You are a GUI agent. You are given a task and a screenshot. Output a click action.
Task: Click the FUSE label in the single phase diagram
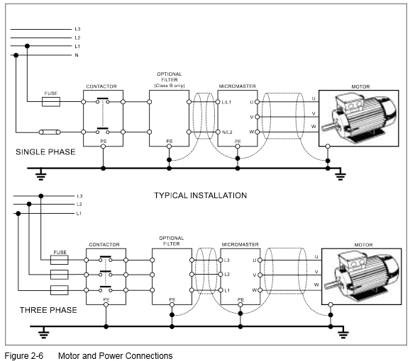coord(51,93)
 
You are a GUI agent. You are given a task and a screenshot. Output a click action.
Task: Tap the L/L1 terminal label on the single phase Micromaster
coord(226,102)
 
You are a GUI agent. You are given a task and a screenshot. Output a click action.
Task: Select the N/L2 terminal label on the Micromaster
coord(227,132)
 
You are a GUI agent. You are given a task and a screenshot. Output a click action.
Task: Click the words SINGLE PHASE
coord(45,151)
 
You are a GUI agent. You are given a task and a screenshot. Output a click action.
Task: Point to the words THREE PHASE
coord(48,310)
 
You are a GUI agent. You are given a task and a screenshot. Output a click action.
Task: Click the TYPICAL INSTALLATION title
coord(200,195)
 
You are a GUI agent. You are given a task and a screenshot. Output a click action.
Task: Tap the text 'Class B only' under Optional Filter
coord(170,86)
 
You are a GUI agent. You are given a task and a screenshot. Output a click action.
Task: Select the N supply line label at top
coord(77,55)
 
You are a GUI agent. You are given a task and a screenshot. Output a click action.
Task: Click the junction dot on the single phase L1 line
coord(27,46)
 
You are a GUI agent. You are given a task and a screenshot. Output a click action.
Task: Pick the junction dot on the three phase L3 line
coord(41,196)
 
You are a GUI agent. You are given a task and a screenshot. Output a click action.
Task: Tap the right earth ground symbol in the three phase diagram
coord(343,333)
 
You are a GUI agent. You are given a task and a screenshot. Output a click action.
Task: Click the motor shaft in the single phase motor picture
coord(328,127)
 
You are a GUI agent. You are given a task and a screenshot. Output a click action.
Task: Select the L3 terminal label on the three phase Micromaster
coord(227,260)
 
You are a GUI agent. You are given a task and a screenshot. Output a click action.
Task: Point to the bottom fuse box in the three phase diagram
coord(59,290)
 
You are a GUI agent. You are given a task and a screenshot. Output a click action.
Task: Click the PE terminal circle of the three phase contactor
coord(106,304)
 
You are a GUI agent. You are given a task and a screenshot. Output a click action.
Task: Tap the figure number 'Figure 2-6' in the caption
coord(24,356)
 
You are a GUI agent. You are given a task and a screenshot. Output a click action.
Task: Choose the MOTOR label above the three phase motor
coord(363,245)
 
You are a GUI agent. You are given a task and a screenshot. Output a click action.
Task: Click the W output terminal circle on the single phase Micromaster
coord(257,132)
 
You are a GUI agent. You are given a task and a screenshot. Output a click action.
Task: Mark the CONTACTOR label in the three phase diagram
coord(104,244)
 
